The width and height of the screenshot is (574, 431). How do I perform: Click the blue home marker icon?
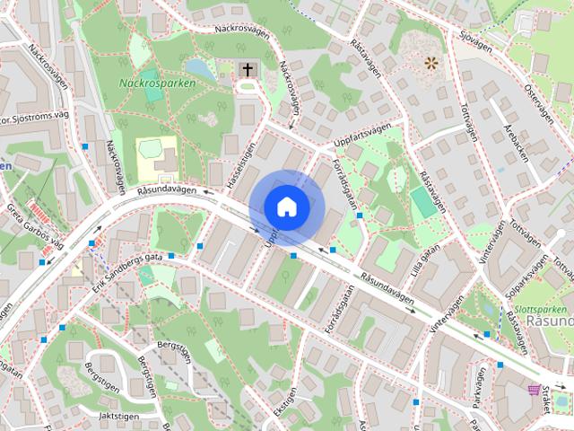tap(286, 207)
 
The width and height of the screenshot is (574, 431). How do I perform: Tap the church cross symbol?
tap(248, 69)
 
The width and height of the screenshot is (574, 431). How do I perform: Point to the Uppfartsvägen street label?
tap(361, 133)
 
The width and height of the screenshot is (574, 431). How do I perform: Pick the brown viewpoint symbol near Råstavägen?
tap(432, 63)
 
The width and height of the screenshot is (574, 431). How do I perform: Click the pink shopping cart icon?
tap(535, 390)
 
